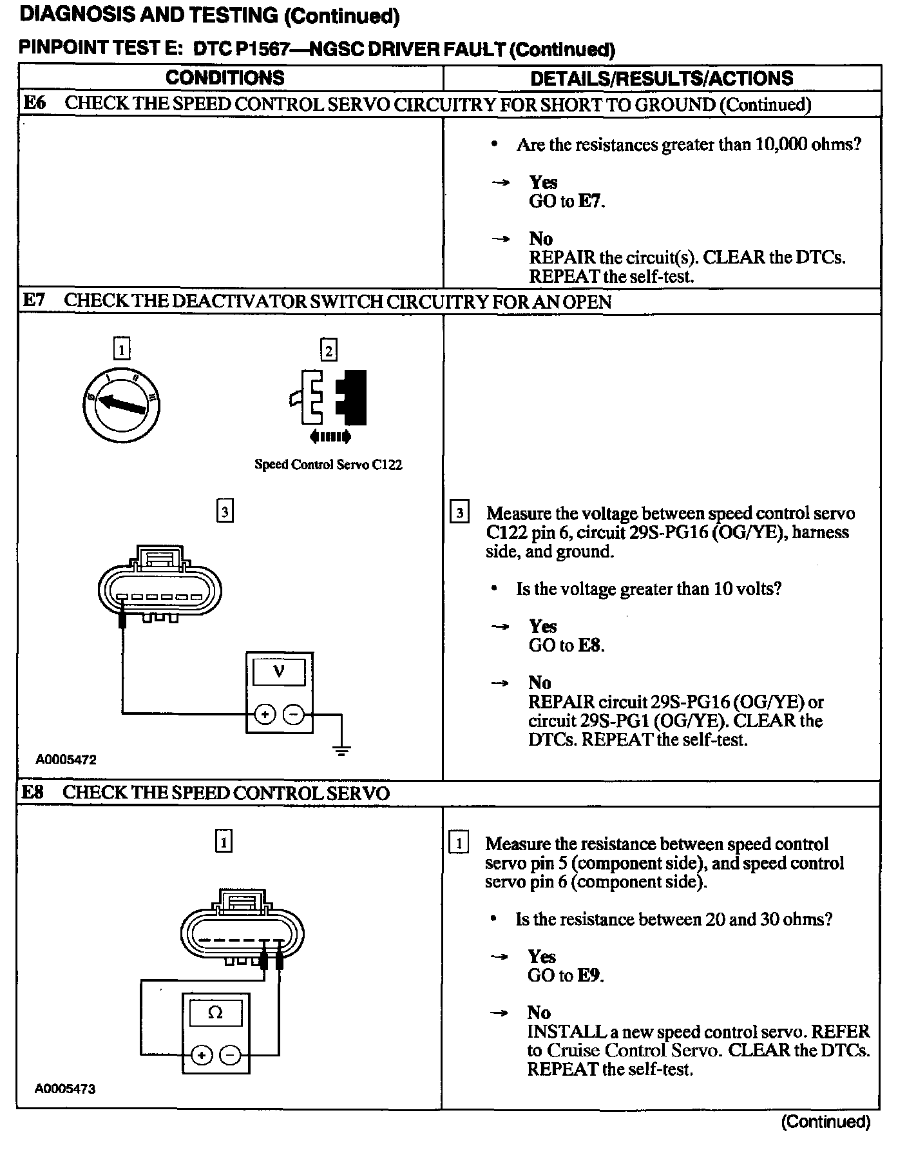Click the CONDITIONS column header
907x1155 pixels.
pyautogui.click(x=225, y=78)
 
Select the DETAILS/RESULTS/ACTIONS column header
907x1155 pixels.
pyautogui.click(x=662, y=79)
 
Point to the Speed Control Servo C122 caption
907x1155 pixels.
pyautogui.click(x=328, y=465)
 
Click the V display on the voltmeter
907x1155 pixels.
pyautogui.click(x=279, y=672)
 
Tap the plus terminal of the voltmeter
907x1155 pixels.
pyautogui.click(x=265, y=714)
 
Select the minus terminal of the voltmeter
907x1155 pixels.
pyautogui.click(x=293, y=714)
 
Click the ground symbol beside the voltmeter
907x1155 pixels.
pyautogui.click(x=342, y=749)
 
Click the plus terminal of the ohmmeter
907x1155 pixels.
pyautogui.click(x=202, y=1055)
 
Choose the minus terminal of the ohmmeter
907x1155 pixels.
pyautogui.click(x=229, y=1055)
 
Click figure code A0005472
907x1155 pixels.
pyautogui.click(x=66, y=760)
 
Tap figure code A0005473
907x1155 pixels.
pyautogui.click(x=65, y=1089)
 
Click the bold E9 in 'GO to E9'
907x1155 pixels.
pyautogui.click(x=589, y=975)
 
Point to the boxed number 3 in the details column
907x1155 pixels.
pyautogui.click(x=459, y=513)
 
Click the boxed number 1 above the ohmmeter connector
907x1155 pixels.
pyautogui.click(x=224, y=842)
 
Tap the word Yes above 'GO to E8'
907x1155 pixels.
pyautogui.click(x=543, y=626)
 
